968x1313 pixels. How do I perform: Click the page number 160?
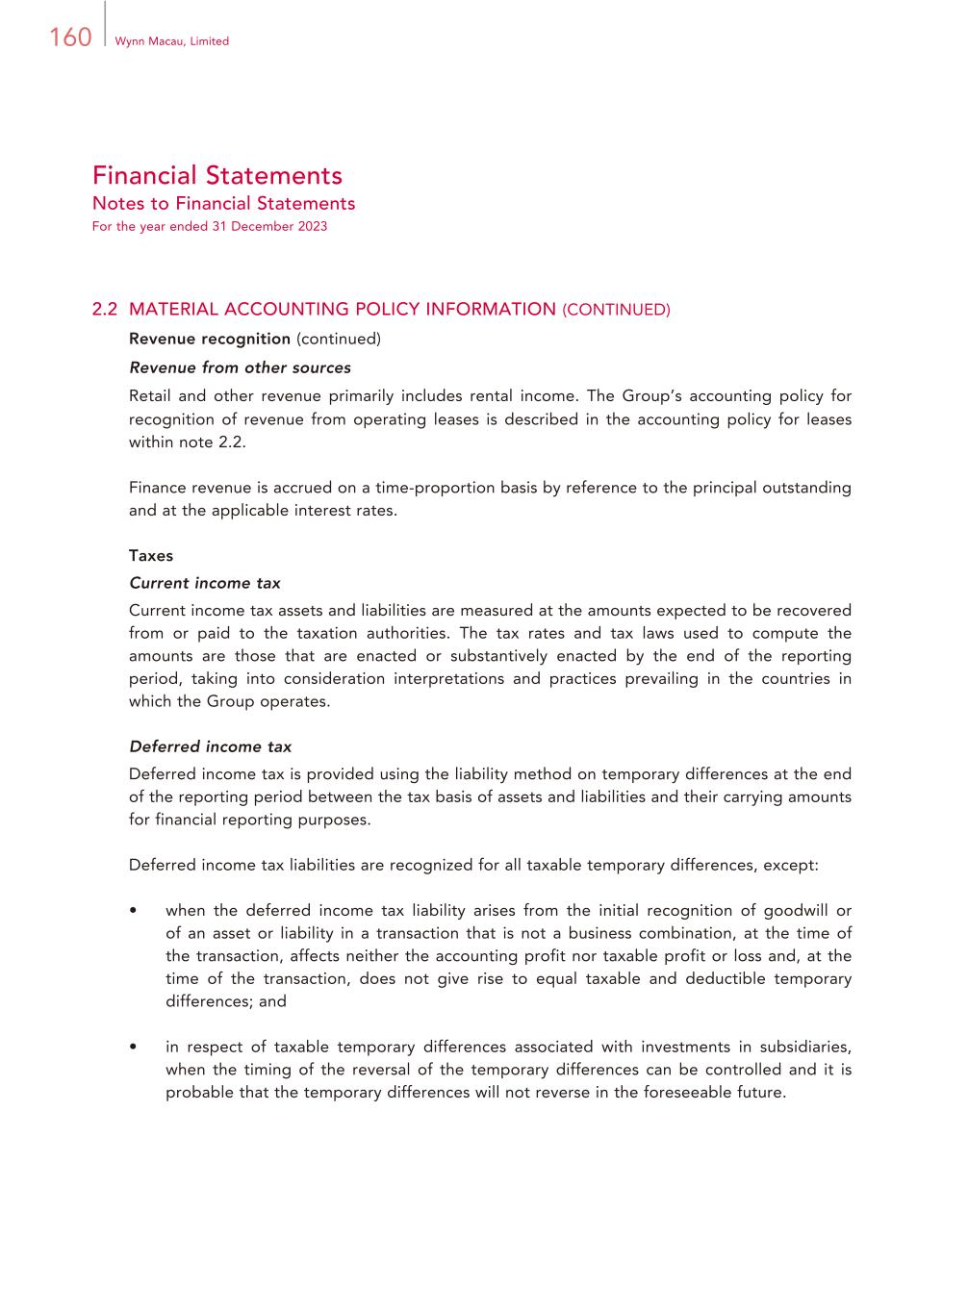tap(70, 38)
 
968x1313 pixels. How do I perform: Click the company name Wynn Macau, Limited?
tap(171, 41)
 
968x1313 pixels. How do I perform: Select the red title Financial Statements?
tap(217, 175)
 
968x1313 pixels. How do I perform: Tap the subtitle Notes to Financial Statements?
tap(223, 204)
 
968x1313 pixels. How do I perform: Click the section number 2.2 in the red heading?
tap(105, 310)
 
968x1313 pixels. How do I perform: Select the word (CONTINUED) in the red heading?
tap(616, 310)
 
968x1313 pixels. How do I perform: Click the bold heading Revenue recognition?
tap(210, 339)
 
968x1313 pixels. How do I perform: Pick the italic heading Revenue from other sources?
tap(240, 367)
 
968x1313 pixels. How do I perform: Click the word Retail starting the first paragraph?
tap(150, 396)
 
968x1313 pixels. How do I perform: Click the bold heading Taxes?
tap(151, 556)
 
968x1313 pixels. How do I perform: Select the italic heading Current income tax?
tap(205, 583)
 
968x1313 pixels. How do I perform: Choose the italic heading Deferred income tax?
tap(210, 746)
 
